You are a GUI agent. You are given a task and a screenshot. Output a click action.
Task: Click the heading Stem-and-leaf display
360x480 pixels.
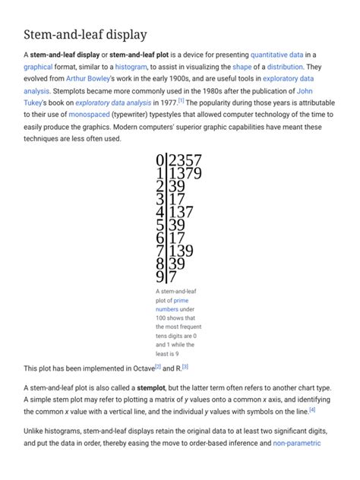[85, 34]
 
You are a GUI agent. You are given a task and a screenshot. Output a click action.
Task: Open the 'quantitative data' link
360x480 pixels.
[276, 55]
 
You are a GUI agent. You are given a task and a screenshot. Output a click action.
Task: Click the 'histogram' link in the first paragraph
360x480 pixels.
[131, 67]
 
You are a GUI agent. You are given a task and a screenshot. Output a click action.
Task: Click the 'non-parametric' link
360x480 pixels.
[298, 442]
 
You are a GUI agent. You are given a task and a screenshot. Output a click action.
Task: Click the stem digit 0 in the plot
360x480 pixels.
[159, 160]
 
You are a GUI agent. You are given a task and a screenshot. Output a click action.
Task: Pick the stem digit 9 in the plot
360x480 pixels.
[159, 276]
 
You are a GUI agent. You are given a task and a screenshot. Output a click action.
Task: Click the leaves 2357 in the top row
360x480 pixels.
[185, 160]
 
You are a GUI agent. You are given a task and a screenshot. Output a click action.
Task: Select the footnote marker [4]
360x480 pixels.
[312, 409]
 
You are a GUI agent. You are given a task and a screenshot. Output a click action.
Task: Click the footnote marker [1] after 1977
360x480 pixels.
[181, 100]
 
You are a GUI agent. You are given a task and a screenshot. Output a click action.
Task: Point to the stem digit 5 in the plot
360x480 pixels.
[159, 225]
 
